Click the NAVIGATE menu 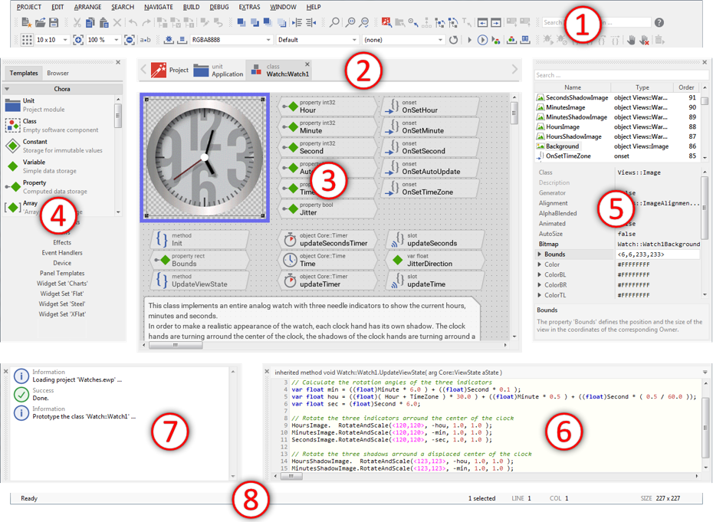tap(158, 7)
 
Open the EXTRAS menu tap(249, 7)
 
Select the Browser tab tap(58, 74)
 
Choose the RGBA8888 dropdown tap(230, 39)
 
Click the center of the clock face tap(205, 158)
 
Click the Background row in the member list tap(563, 146)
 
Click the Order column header tap(685, 87)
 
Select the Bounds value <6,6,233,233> tap(656, 254)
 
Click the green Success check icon tap(21, 395)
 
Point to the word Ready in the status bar tap(29, 498)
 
